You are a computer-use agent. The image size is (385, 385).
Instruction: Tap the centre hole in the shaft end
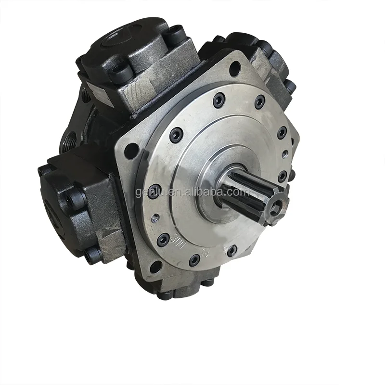click(276, 208)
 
